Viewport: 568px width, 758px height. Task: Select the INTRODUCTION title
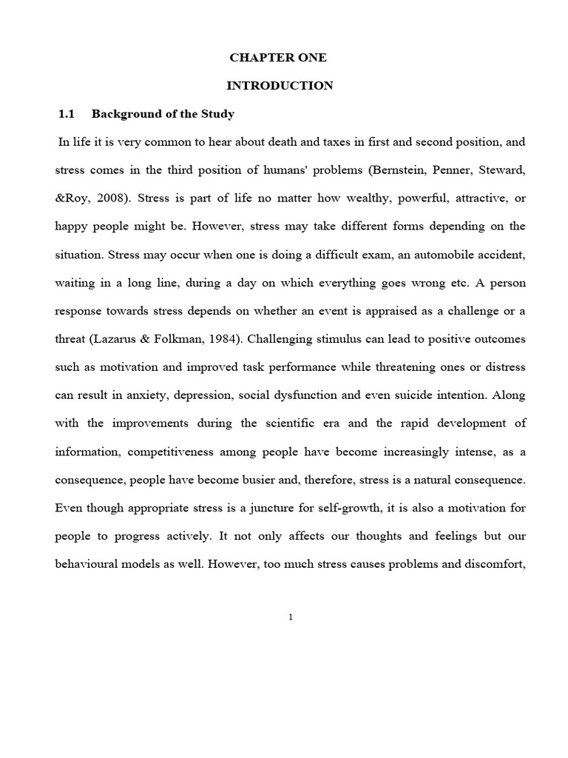pyautogui.click(x=280, y=86)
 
